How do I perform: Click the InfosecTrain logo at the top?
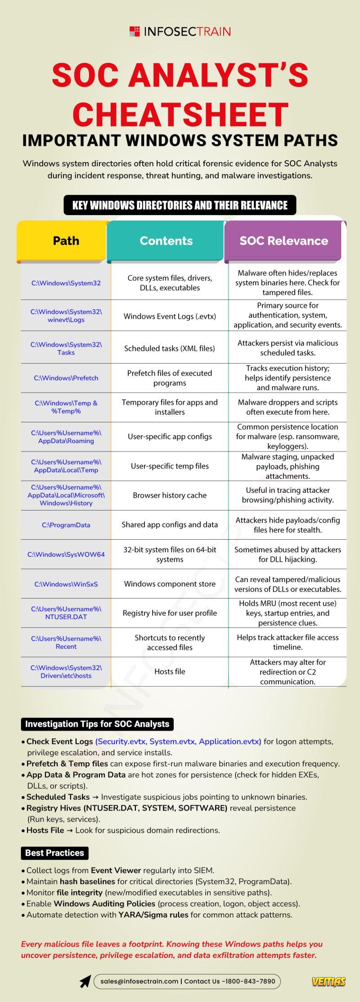(x=180, y=32)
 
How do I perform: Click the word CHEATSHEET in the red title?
(x=180, y=114)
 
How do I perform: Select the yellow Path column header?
(x=66, y=241)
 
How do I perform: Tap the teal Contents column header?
(x=166, y=241)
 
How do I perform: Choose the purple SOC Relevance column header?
(x=283, y=241)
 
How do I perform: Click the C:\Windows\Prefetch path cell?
(x=66, y=378)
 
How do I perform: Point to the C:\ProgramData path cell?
(x=66, y=525)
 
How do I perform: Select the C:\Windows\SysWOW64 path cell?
(x=66, y=555)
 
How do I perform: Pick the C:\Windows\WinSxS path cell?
(x=66, y=584)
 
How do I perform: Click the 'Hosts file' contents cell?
(x=170, y=672)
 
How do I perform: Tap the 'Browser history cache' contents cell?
(x=170, y=495)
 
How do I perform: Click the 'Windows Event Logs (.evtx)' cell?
(x=170, y=316)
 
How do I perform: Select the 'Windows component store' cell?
(x=170, y=584)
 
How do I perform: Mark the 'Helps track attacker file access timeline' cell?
(x=288, y=642)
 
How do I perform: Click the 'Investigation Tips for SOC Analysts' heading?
(x=97, y=724)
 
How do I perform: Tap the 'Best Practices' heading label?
(x=54, y=853)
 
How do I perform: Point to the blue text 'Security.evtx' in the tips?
(x=121, y=741)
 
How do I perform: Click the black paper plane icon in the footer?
(x=85, y=981)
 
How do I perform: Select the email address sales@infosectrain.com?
(x=139, y=981)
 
